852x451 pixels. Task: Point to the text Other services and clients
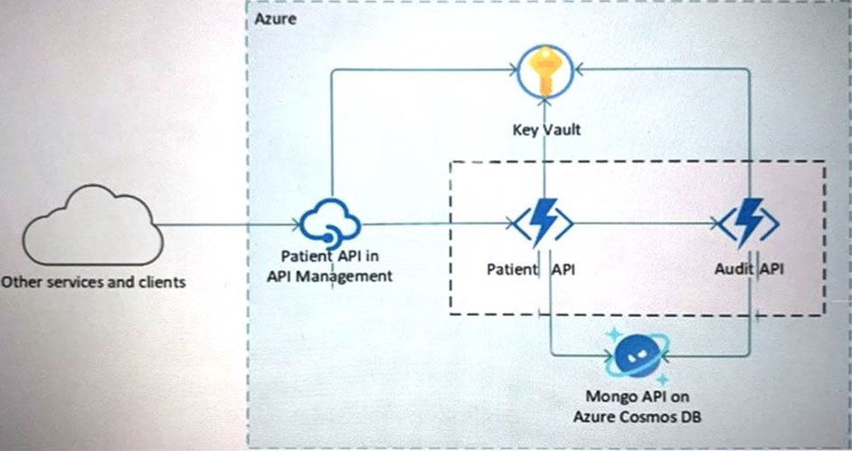[x=93, y=282]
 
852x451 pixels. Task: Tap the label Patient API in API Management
[x=331, y=266]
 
